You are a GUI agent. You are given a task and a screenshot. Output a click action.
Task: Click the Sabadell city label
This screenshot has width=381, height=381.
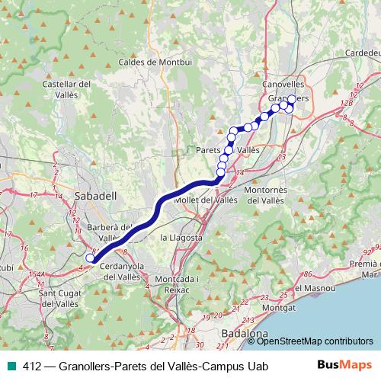click(x=95, y=196)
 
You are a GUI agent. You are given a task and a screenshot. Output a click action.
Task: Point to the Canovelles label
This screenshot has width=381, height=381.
click(x=283, y=83)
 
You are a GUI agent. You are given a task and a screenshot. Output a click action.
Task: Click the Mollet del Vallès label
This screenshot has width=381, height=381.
click(x=206, y=200)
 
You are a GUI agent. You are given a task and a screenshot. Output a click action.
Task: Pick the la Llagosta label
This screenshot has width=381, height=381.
click(x=181, y=238)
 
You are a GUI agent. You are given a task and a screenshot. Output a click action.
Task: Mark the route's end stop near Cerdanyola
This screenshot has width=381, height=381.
click(x=89, y=258)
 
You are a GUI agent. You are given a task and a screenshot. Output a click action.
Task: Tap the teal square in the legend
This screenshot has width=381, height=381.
click(x=13, y=367)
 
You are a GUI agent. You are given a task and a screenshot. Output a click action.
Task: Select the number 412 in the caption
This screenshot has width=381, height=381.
click(x=32, y=367)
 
